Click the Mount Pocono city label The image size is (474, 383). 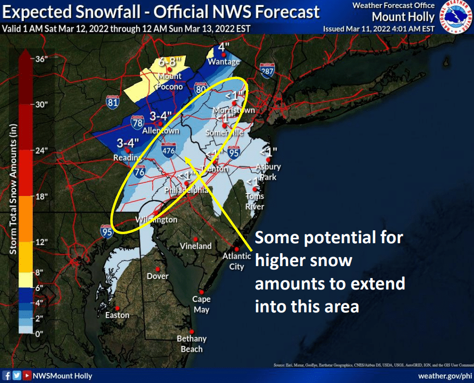170,82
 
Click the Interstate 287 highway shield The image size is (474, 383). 267,71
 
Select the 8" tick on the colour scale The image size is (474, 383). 40,273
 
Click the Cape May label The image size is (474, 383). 201,304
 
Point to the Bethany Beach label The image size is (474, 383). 191,344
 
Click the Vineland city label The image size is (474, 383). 196,246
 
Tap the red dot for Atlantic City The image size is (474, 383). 237,249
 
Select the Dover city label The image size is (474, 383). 158,276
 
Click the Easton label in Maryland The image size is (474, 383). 117,315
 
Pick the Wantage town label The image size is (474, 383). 224,62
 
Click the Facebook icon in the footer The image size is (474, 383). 7,376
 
